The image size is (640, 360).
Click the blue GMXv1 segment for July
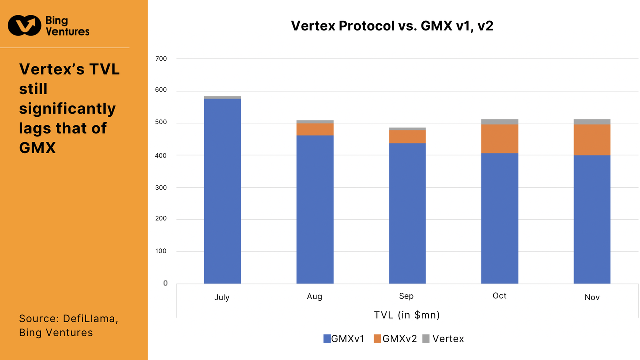(222, 191)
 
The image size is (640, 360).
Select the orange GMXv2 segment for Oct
(499, 139)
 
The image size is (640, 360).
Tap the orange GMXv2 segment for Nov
(592, 140)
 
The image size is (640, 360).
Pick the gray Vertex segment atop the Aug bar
(315, 122)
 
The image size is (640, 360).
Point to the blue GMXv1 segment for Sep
(407, 213)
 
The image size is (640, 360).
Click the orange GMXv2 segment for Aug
(315, 129)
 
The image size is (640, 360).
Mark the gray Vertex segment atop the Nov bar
(592, 122)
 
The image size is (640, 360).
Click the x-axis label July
(222, 297)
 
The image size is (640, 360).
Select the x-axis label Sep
(406, 296)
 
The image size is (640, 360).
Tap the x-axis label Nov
(592, 297)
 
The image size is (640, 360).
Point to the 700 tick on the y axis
(161, 59)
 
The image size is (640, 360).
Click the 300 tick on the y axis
(161, 187)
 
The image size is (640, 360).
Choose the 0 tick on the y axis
(165, 283)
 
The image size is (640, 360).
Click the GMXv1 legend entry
(345, 339)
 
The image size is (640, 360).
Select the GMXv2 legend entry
(395, 339)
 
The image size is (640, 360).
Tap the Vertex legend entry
(443, 339)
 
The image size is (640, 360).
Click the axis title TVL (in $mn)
(407, 315)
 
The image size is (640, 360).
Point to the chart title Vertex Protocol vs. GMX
(392, 26)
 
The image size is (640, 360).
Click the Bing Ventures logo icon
(24, 26)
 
